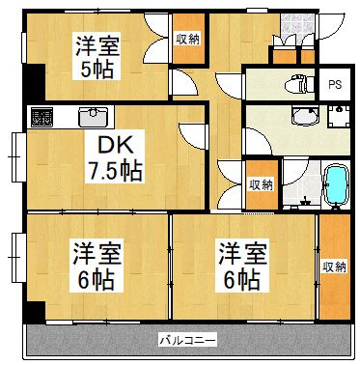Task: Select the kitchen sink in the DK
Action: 93,116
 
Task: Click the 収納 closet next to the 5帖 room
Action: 187,40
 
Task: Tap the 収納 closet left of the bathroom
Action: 259,183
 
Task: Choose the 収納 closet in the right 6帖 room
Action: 334,266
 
